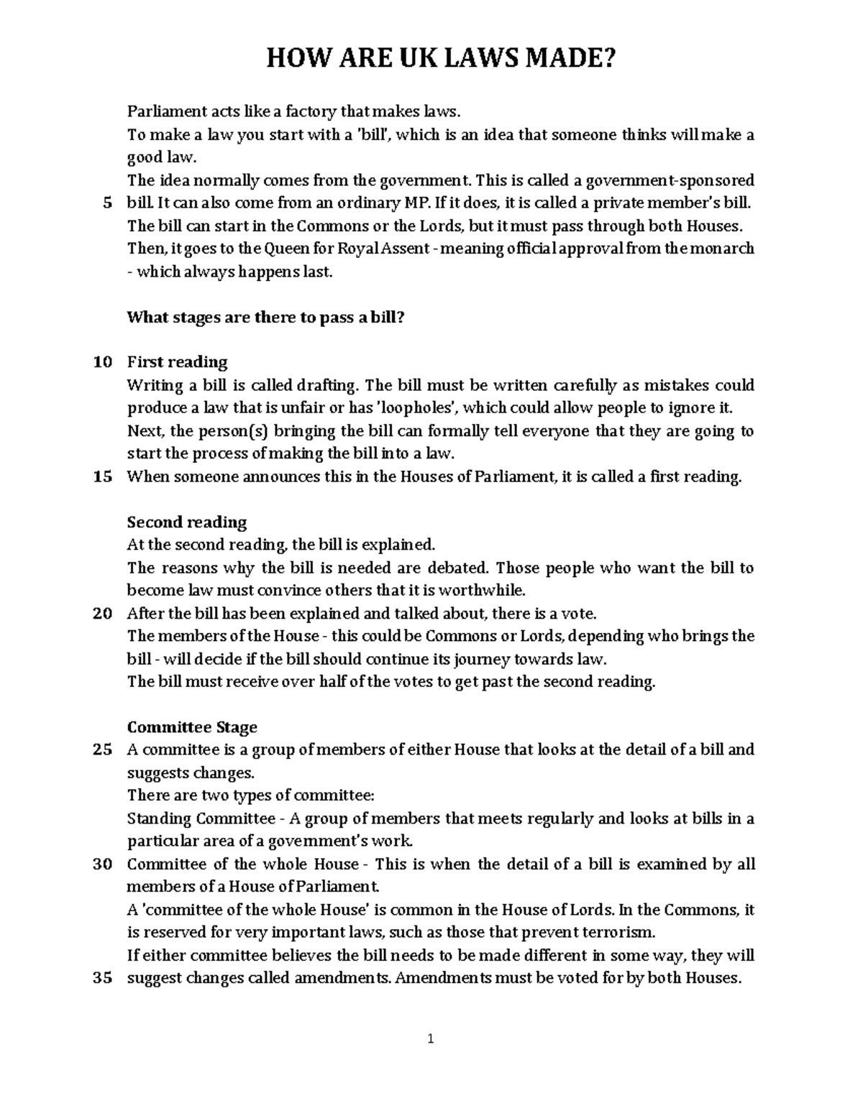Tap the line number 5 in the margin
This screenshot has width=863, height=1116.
107,203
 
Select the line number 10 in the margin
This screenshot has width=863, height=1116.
103,362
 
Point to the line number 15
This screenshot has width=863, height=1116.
103,476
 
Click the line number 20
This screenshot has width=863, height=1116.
103,614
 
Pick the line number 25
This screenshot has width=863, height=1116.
103,750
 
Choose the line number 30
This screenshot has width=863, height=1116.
103,864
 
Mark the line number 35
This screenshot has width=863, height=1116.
103,979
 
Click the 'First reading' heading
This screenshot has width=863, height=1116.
177,362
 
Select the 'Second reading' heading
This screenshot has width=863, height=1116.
186,522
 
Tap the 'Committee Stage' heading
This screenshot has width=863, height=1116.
191,727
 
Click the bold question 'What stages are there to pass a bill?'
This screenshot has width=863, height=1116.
266,317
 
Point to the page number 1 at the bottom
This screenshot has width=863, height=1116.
430,1038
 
